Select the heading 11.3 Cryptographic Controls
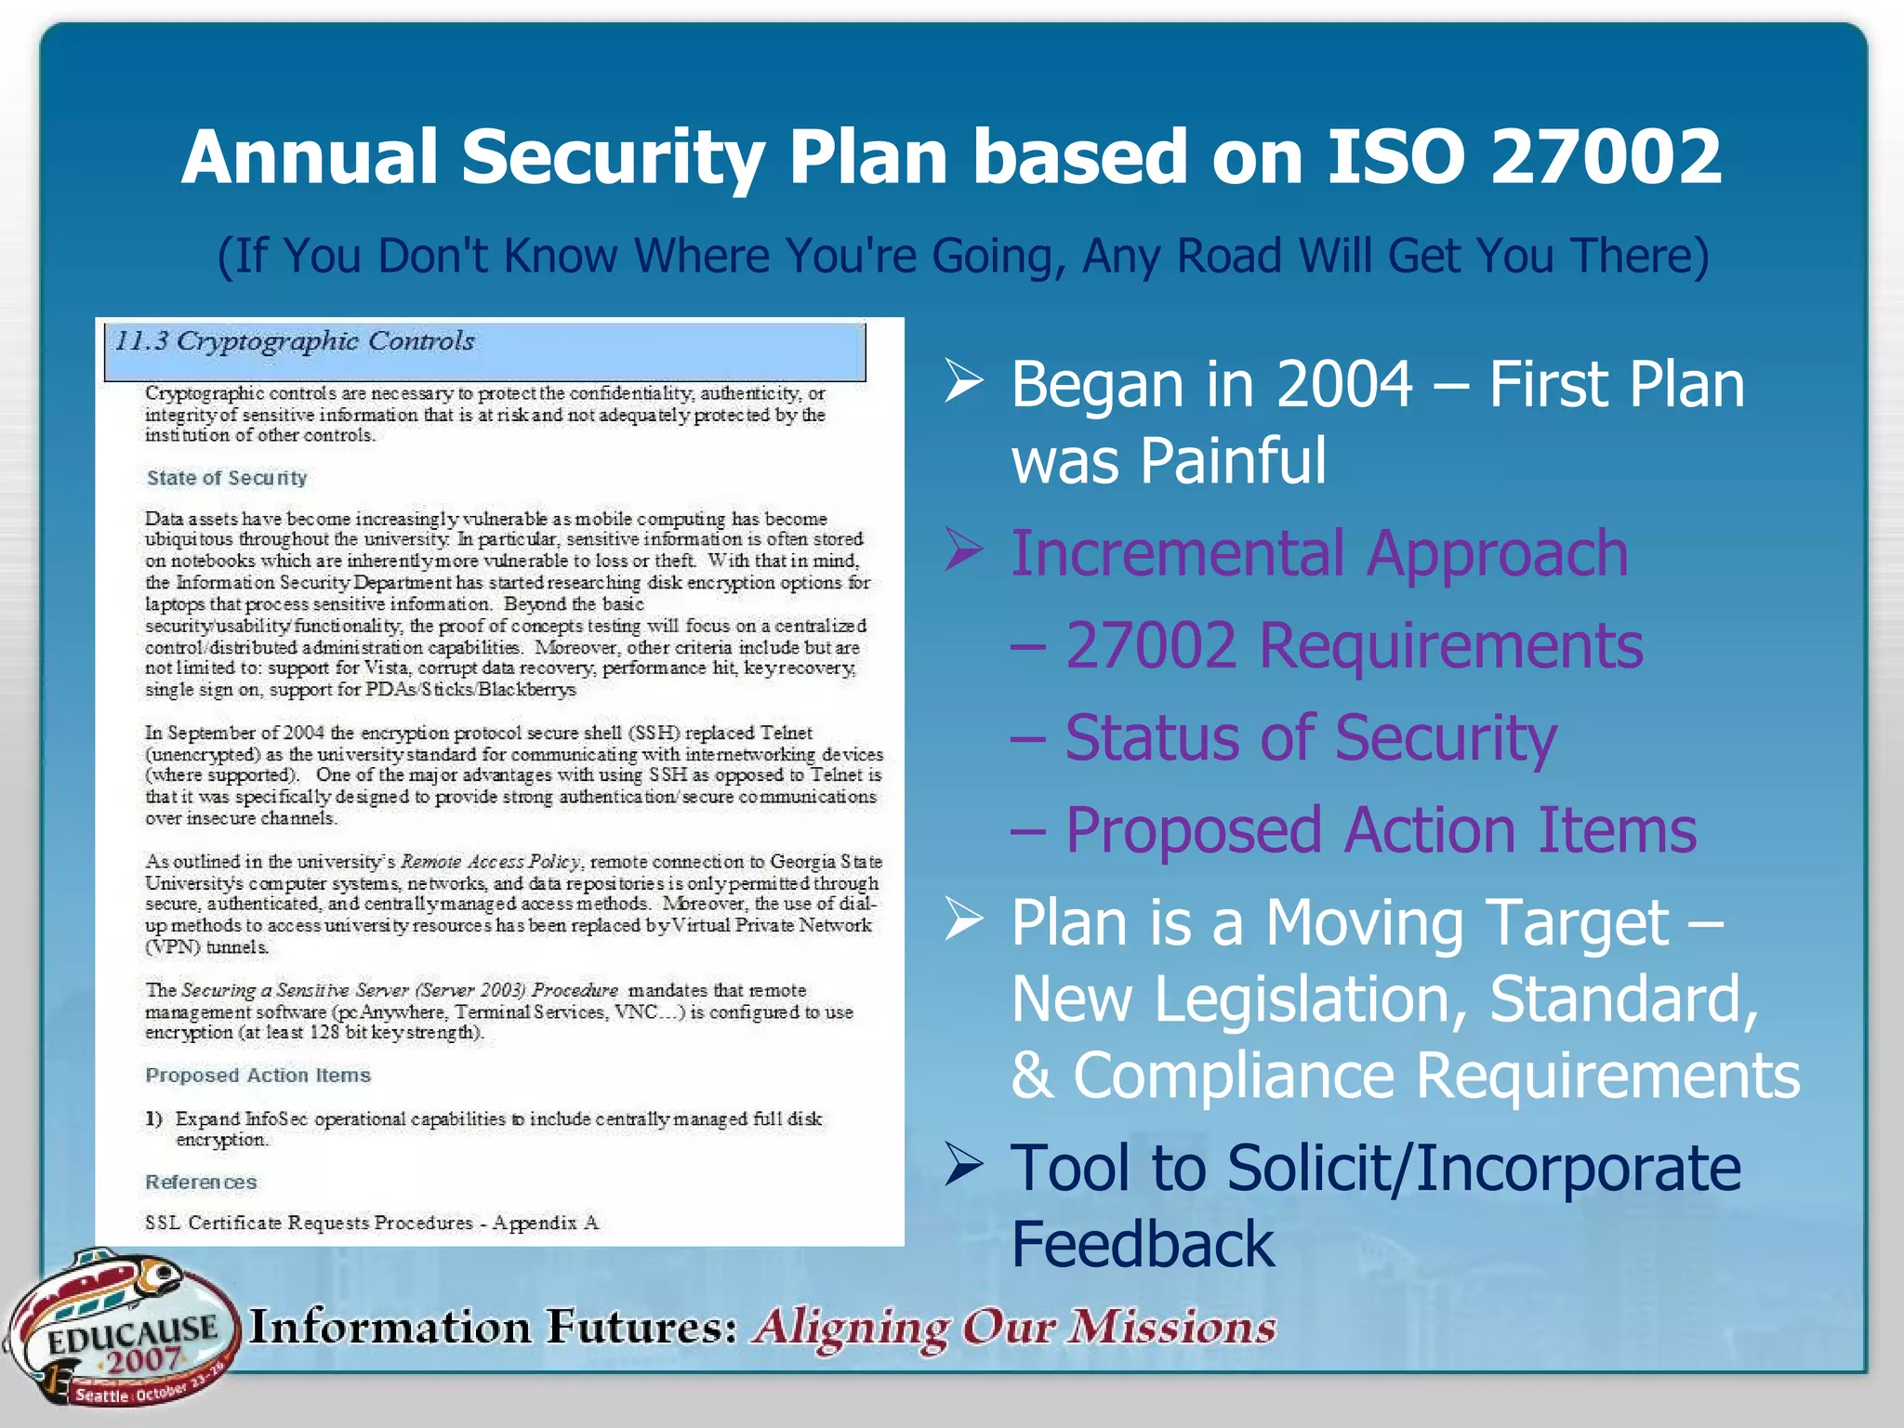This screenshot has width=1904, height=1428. pyautogui.click(x=294, y=341)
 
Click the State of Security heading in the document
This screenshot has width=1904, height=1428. pyautogui.click(x=226, y=478)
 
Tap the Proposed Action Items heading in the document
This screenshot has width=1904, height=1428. pyautogui.click(x=258, y=1076)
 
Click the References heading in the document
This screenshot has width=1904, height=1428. pyautogui.click(x=201, y=1183)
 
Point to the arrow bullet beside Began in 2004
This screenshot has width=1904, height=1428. pyautogui.click(x=964, y=382)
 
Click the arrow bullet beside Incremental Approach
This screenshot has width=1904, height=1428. pyautogui.click(x=964, y=549)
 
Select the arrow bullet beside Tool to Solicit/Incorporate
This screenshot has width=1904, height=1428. pyautogui.click(x=964, y=1165)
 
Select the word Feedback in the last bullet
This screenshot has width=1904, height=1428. pyautogui.click(x=1143, y=1244)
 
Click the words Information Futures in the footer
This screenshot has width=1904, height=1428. pyautogui.click(x=493, y=1327)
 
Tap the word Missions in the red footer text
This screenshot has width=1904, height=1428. pyautogui.click(x=1171, y=1327)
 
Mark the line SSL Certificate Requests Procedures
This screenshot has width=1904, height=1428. pyautogui.click(x=372, y=1223)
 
